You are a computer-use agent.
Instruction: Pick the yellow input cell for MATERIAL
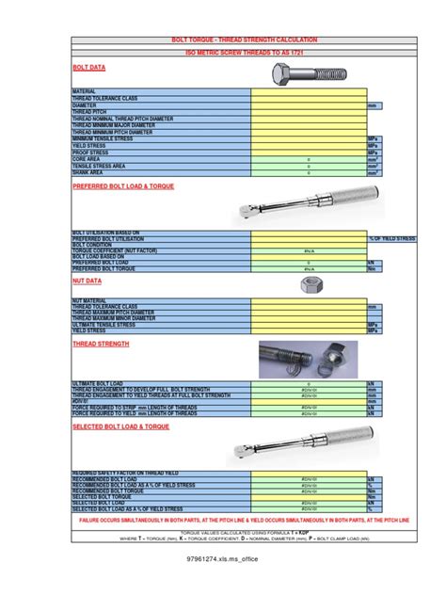(x=309, y=92)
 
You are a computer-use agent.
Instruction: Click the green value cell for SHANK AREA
(x=309, y=172)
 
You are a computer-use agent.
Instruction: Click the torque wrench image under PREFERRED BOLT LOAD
(x=309, y=201)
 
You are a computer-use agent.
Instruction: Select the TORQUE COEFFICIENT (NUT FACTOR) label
(x=114, y=250)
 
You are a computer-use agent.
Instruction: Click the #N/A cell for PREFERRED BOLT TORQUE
(x=309, y=269)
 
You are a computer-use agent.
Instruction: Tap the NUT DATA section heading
(x=88, y=280)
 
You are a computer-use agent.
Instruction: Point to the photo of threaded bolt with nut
(x=309, y=360)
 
